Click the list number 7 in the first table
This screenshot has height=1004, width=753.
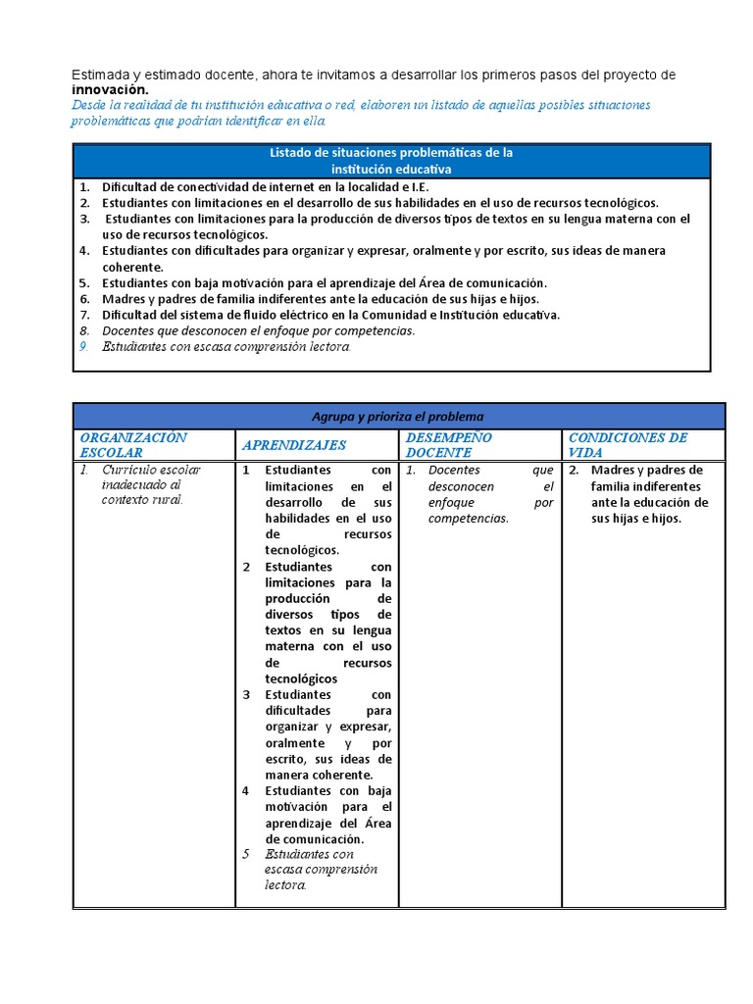(84, 315)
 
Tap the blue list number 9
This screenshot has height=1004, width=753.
(84, 346)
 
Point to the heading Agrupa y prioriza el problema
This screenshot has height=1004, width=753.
(398, 416)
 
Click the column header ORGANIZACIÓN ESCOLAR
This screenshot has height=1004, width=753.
(132, 445)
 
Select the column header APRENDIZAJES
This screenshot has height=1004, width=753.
(294, 445)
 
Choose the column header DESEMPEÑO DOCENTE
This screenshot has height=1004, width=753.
(448, 445)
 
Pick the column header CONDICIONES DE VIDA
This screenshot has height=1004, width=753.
(627, 445)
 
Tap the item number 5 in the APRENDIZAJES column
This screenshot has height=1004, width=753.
(247, 854)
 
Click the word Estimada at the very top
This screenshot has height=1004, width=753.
(101, 75)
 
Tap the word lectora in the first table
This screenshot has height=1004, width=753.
(326, 346)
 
